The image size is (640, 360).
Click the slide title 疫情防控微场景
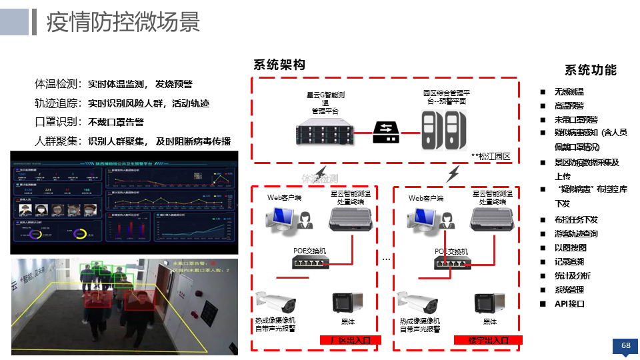[123, 22]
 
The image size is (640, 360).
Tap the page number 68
[625, 345]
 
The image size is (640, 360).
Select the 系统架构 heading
[279, 65]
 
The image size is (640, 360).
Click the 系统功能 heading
[591, 70]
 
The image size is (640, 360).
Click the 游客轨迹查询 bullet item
[576, 233]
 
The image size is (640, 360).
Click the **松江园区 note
[491, 156]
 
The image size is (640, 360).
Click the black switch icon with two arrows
[386, 132]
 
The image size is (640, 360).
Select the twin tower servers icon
[444, 130]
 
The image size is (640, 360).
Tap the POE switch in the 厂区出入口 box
[311, 261]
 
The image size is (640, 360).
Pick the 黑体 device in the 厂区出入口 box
[347, 303]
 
